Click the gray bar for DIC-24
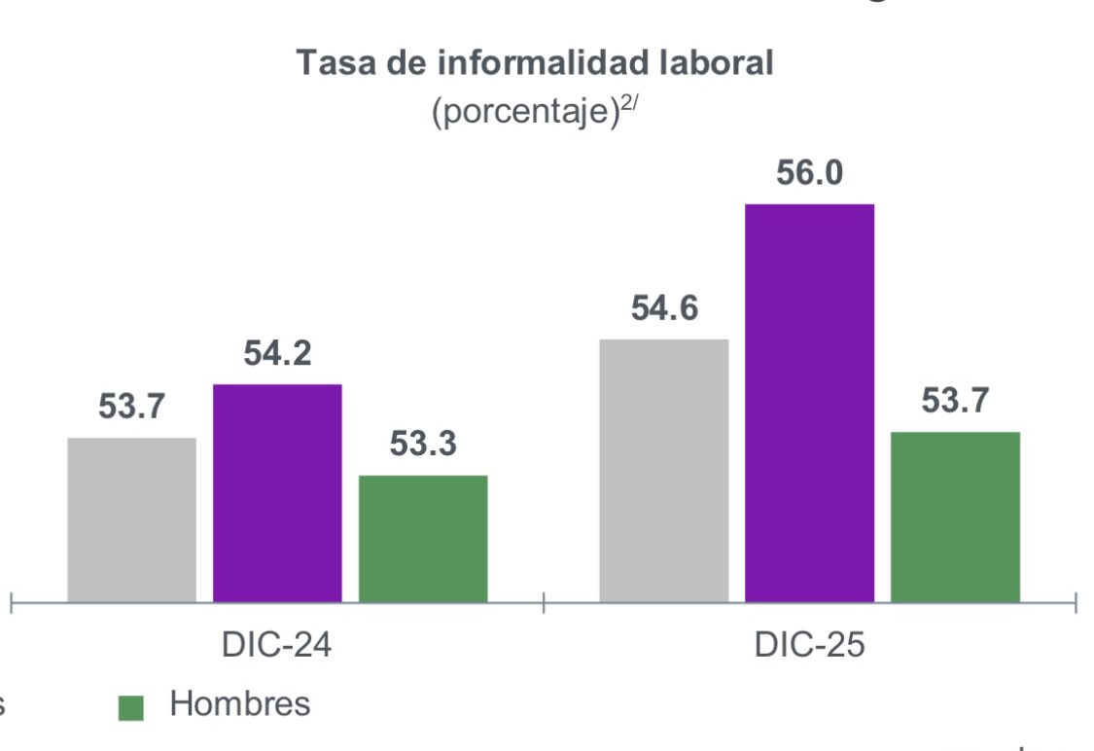click(x=131, y=519)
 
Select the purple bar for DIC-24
click(x=277, y=493)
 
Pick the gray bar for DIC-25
click(x=663, y=471)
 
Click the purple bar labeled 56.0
click(x=809, y=403)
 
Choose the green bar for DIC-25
click(x=955, y=517)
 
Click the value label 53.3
click(x=423, y=445)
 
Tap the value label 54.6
click(x=663, y=308)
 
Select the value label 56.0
click(x=809, y=173)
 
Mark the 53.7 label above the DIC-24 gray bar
click(x=131, y=408)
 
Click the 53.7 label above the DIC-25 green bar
click(x=955, y=400)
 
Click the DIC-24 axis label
click(x=277, y=646)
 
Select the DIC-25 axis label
click(x=809, y=646)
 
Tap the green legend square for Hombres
click(x=130, y=707)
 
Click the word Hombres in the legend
click(x=240, y=704)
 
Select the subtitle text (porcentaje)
click(x=525, y=113)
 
